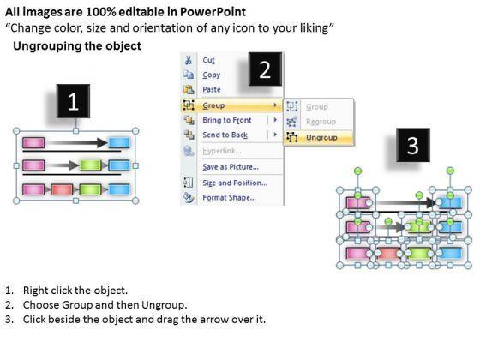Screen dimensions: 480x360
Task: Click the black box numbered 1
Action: pyautogui.click(x=73, y=101)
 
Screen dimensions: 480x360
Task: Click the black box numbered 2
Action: pyautogui.click(x=265, y=69)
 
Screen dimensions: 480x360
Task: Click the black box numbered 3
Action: pyautogui.click(x=413, y=145)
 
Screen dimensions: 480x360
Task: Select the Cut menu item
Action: pyautogui.click(x=208, y=60)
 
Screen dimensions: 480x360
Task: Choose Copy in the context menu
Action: pyautogui.click(x=211, y=75)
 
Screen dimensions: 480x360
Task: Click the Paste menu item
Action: pyautogui.click(x=212, y=90)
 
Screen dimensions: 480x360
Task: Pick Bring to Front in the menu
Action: pyautogui.click(x=227, y=120)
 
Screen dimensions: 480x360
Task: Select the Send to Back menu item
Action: pyautogui.click(x=225, y=135)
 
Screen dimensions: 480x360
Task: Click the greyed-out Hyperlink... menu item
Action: pyautogui.click(x=222, y=151)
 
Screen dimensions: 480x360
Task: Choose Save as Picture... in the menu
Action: pyautogui.click(x=231, y=167)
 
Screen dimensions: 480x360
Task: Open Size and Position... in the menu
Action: pyautogui.click(x=235, y=183)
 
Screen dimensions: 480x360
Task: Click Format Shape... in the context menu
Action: pyautogui.click(x=229, y=197)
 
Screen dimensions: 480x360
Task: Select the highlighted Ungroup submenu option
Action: pyautogui.click(x=321, y=138)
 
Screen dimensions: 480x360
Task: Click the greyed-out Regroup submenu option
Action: pyautogui.click(x=321, y=122)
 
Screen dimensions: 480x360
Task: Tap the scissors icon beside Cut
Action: pyautogui.click(x=189, y=60)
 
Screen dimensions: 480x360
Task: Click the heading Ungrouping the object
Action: pyautogui.click(x=77, y=46)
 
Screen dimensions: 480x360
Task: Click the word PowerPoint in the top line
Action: pyautogui.click(x=213, y=12)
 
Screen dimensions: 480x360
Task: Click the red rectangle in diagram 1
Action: pyautogui.click(x=62, y=189)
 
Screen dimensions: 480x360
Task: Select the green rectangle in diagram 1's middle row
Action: pyautogui.click(x=90, y=165)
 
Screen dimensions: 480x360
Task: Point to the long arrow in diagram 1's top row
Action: pyautogui.click(x=79, y=142)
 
